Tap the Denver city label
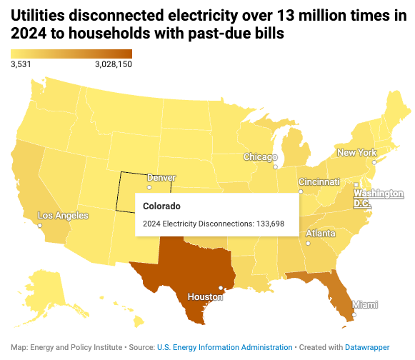[x=161, y=177]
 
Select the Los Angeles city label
[x=63, y=215]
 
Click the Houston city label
[x=205, y=296]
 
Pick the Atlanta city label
[x=321, y=234]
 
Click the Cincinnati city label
[x=319, y=181]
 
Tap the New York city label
[x=356, y=152]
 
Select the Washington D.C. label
[x=379, y=198]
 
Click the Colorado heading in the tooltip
[x=161, y=206]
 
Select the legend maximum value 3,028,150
[x=113, y=64]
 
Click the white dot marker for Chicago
[x=275, y=166]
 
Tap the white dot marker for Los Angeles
[x=40, y=226]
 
